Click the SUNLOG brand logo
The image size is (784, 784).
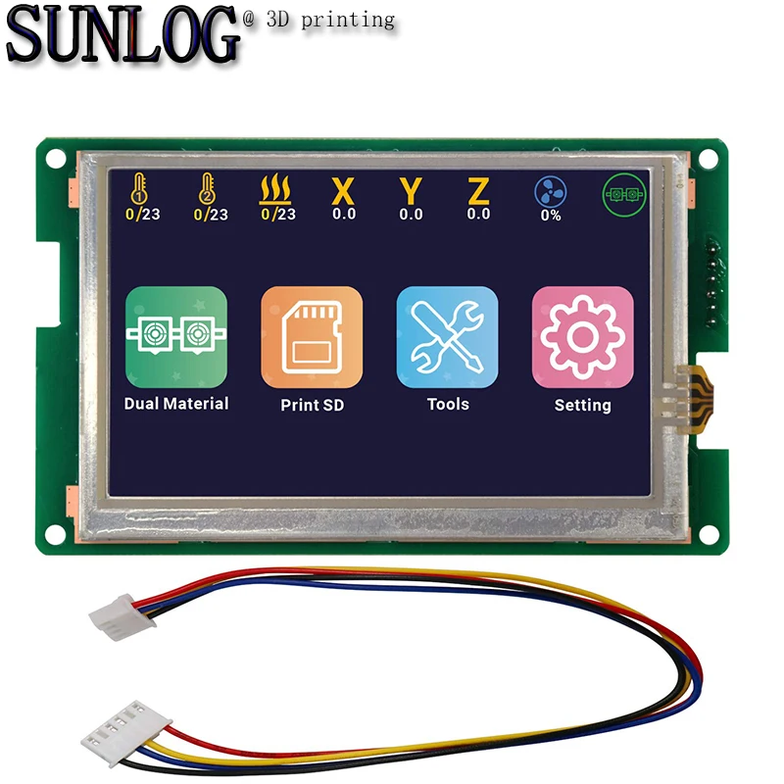[x=123, y=37]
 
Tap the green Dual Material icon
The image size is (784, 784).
[x=176, y=336]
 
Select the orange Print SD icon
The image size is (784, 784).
[x=312, y=336]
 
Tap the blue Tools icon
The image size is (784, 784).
[x=447, y=336]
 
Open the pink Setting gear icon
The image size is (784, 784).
[x=582, y=336]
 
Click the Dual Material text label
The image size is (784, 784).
[x=176, y=404]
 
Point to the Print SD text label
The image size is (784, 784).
[x=312, y=405]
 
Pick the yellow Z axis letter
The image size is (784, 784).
[x=478, y=190]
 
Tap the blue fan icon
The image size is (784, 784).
[x=550, y=191]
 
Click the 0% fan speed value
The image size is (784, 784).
[x=550, y=216]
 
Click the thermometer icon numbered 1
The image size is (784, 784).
[x=143, y=189]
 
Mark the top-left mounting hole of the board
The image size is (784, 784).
[x=57, y=158]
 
